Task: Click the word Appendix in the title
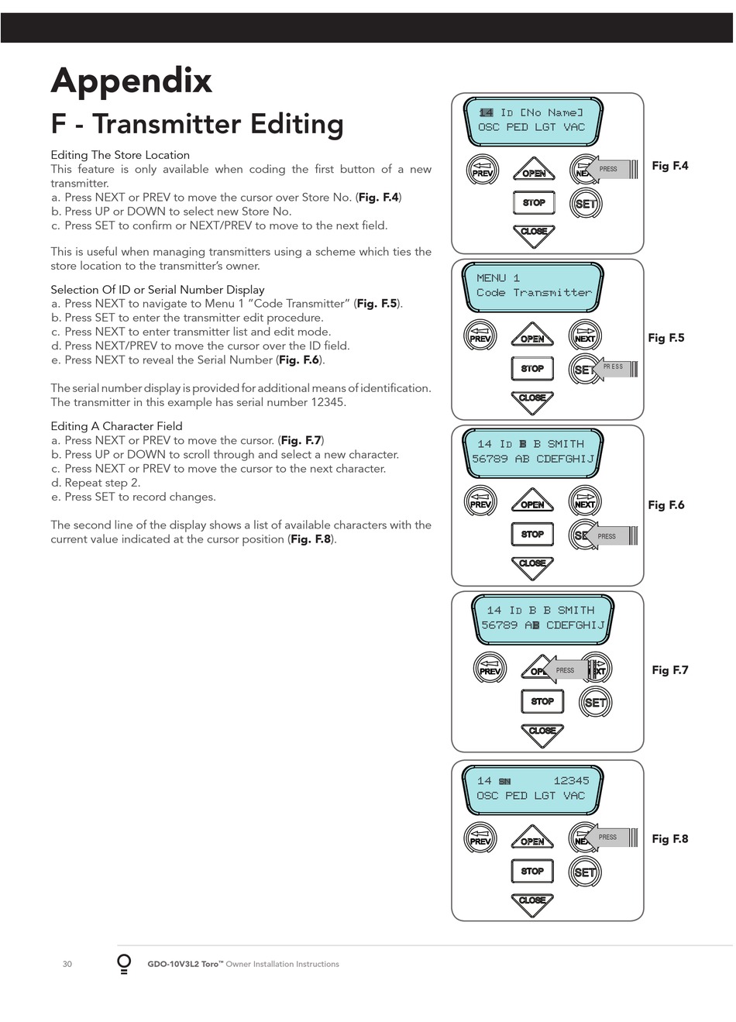(x=132, y=81)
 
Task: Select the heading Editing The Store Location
(x=120, y=155)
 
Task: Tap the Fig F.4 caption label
(x=670, y=166)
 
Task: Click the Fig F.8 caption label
(x=670, y=838)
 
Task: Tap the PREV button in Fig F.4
(x=483, y=170)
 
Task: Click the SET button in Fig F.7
(x=595, y=702)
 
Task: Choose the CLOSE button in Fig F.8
(x=532, y=904)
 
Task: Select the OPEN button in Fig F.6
(x=532, y=501)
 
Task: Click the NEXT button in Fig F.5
(x=585, y=336)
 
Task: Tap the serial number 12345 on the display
(x=571, y=781)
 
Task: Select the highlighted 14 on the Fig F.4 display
(x=486, y=112)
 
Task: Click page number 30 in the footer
(x=67, y=964)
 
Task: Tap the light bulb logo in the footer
(x=124, y=964)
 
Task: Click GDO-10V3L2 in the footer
(x=174, y=964)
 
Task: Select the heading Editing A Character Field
(x=116, y=426)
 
